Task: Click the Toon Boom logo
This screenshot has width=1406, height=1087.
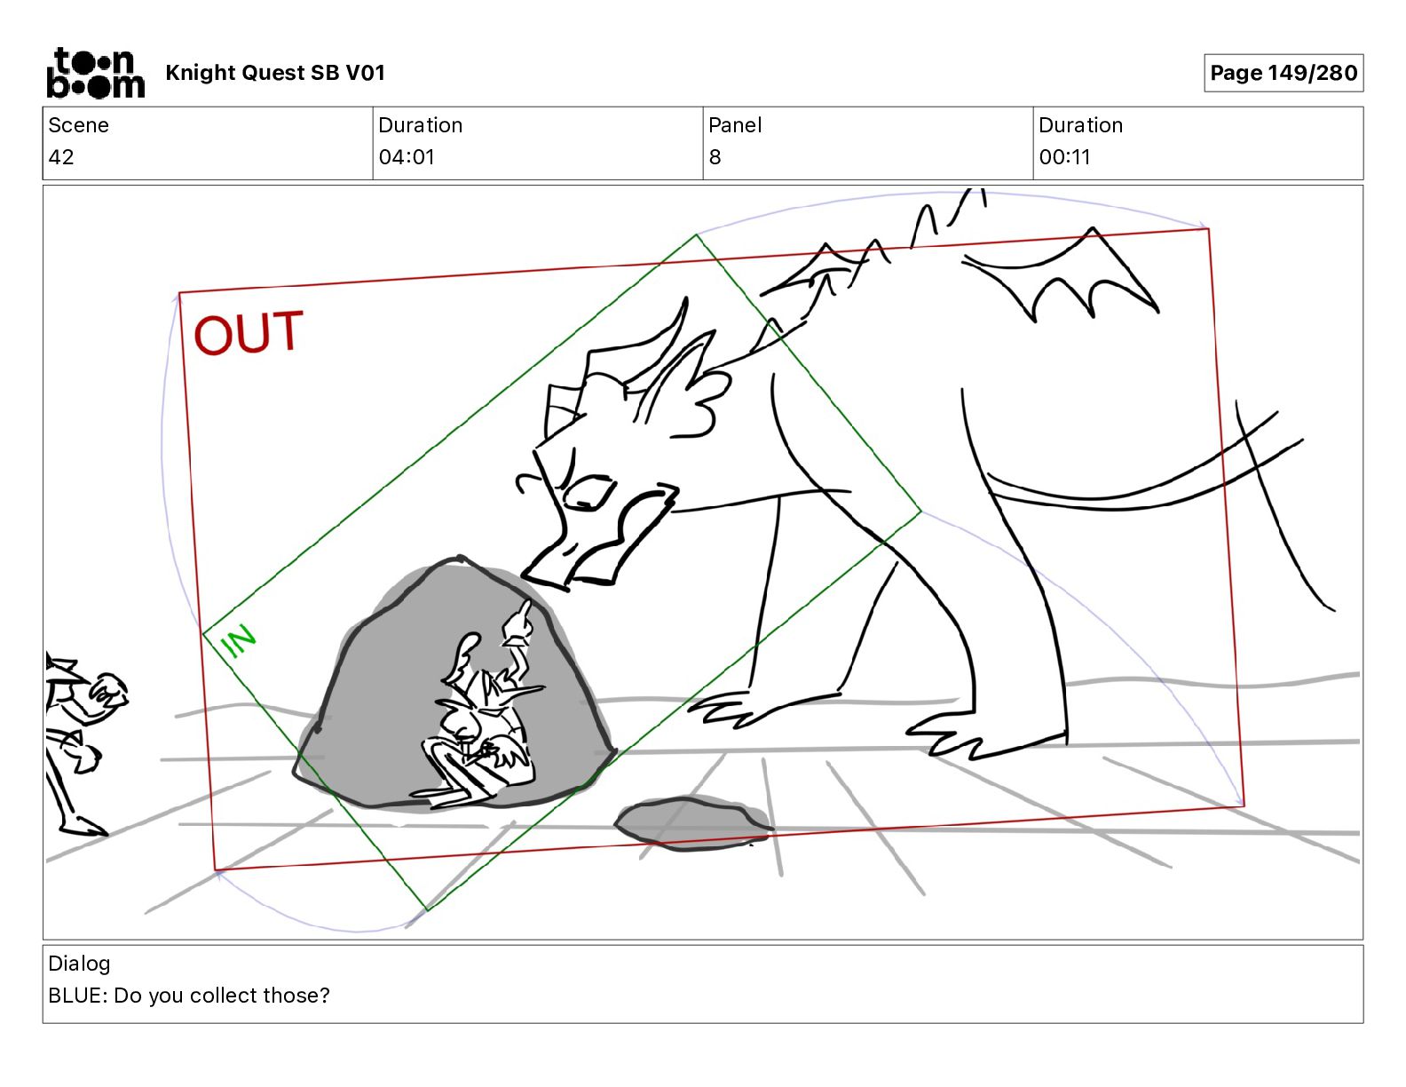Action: (x=96, y=73)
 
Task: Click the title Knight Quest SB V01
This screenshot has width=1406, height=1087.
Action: (x=275, y=73)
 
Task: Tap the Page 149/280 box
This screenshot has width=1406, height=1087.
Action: (x=1284, y=73)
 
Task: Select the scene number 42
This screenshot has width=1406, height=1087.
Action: (x=61, y=156)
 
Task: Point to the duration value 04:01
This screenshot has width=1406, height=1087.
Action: (x=407, y=156)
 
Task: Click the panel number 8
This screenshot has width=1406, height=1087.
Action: (x=715, y=156)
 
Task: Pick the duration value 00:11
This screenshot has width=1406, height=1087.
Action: (x=1064, y=156)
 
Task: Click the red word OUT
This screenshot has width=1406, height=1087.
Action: (x=249, y=333)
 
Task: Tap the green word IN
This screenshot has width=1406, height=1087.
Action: (x=238, y=641)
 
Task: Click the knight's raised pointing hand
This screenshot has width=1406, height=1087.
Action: (x=518, y=623)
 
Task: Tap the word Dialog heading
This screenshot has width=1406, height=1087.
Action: (x=79, y=964)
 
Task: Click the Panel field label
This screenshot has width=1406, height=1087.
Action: (x=735, y=125)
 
